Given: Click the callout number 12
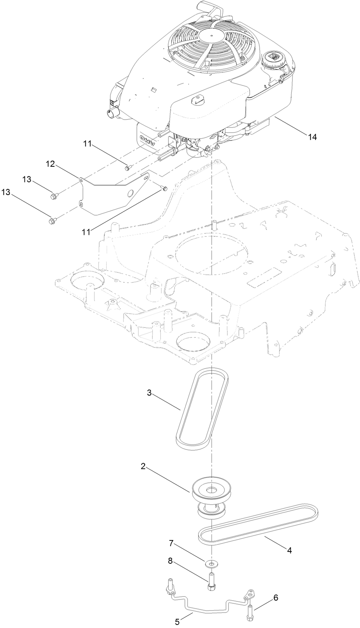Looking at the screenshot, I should [50, 164].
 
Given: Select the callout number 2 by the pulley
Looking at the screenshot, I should [143, 466].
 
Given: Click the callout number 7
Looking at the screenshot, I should [171, 543].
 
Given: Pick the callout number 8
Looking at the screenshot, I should [170, 561].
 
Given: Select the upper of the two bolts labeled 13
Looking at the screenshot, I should [53, 196].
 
